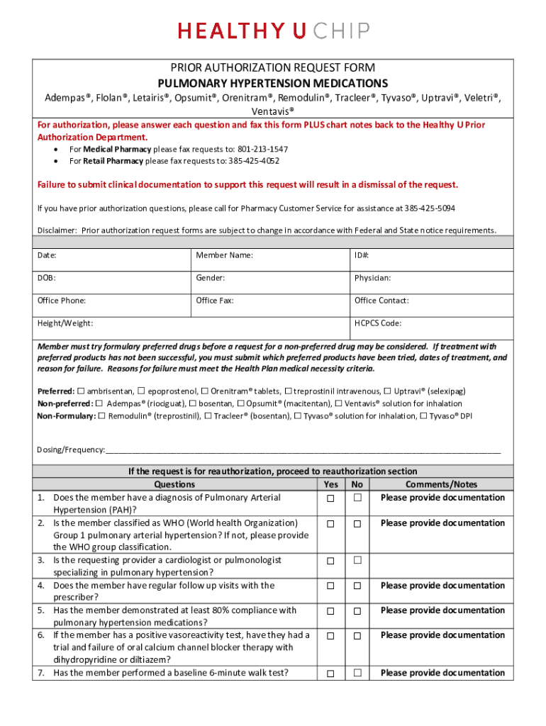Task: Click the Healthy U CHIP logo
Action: pyautogui.click(x=273, y=31)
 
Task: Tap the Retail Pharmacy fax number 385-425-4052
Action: pyautogui.click(x=253, y=161)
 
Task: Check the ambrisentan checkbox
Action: pyautogui.click(x=81, y=391)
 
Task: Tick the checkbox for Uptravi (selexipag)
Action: pyautogui.click(x=387, y=391)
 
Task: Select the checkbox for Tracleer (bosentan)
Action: pyautogui.click(x=208, y=416)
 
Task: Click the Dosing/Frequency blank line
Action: pyautogui.click(x=303, y=450)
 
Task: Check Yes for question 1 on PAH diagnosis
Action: pyautogui.click(x=330, y=498)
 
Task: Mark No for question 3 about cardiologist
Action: pyautogui.click(x=358, y=561)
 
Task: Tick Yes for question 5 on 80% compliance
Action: pyautogui.click(x=330, y=611)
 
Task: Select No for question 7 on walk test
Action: pyautogui.click(x=358, y=674)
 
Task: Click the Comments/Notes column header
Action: pyautogui.click(x=441, y=484)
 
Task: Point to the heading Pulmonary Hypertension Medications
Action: pyautogui.click(x=273, y=83)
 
